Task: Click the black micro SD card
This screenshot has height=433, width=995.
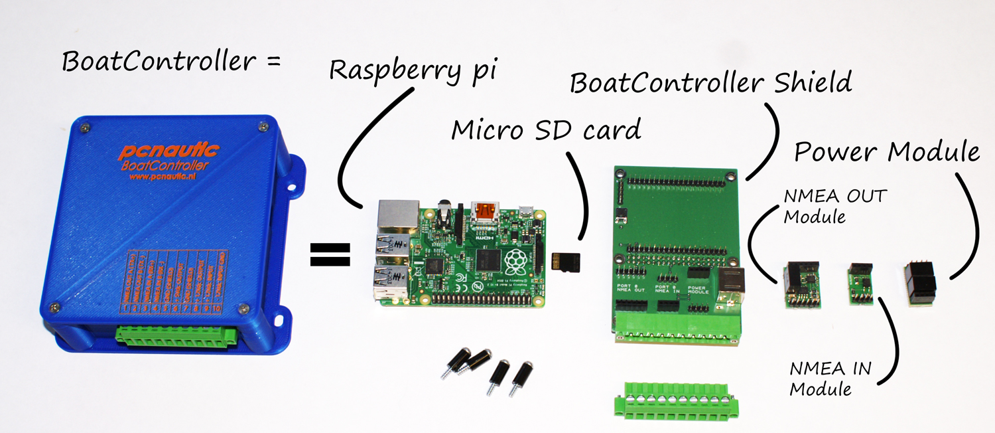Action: point(566,262)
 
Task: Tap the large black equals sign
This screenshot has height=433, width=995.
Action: point(330,254)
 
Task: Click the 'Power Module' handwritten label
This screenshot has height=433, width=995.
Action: point(886,152)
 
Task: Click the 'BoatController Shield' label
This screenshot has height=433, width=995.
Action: point(710,84)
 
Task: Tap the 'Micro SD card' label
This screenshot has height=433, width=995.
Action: point(546,130)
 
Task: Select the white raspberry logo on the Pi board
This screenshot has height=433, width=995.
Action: point(516,264)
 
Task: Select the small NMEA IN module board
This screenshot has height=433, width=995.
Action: point(860,284)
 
